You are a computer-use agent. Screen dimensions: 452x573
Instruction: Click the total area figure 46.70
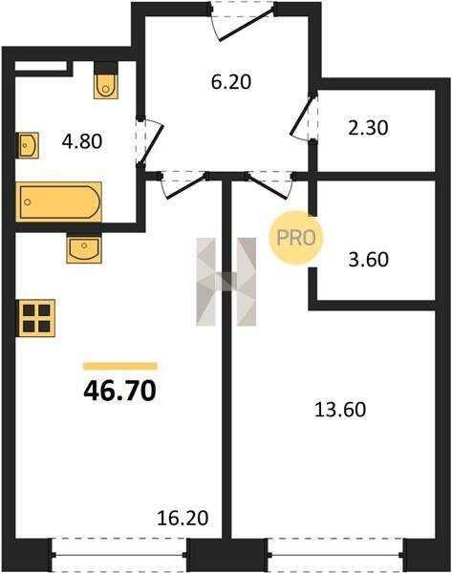tap(120, 391)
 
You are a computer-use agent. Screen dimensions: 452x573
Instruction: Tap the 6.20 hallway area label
tap(231, 82)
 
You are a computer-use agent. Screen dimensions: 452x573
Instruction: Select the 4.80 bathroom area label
tap(82, 141)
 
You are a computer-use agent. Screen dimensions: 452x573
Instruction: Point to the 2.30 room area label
tap(368, 128)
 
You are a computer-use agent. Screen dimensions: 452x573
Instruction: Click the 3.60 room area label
tap(368, 260)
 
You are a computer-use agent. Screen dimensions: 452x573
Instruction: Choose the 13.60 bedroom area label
tap(340, 410)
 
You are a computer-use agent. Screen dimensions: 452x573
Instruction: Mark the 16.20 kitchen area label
tap(183, 518)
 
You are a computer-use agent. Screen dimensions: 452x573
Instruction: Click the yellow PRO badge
tap(296, 238)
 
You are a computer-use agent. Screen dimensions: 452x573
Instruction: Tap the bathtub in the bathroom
tap(58, 202)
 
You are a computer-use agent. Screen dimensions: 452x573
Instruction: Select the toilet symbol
tap(106, 80)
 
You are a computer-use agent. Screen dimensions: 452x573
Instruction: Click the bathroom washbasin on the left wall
tap(28, 145)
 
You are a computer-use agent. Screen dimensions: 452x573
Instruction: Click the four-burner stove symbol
tap(35, 318)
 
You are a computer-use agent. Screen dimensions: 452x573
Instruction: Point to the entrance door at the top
tap(243, 23)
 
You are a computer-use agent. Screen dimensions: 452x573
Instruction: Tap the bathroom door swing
tap(150, 141)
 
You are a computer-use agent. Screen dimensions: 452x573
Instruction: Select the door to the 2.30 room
tap(304, 116)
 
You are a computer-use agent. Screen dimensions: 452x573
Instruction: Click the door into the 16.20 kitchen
tap(183, 185)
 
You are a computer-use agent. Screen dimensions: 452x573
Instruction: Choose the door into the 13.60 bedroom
tap(269, 185)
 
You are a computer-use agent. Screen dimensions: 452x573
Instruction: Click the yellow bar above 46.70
tap(120, 366)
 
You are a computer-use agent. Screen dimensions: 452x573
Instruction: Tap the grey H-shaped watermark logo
tap(226, 282)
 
